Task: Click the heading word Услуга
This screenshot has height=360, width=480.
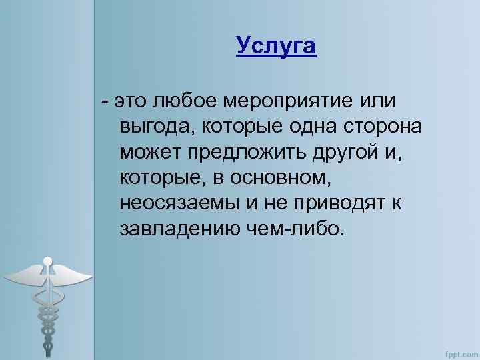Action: point(275,47)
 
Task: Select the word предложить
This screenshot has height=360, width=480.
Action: point(243,152)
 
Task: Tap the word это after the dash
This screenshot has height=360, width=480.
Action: point(131,102)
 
